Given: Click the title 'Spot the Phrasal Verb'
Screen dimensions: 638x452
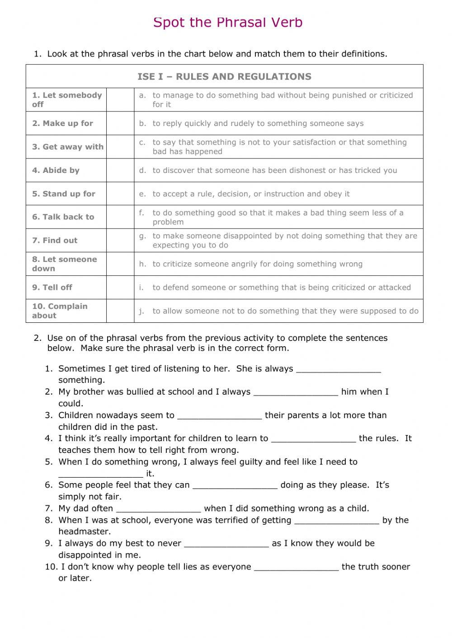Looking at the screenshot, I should tap(228, 22).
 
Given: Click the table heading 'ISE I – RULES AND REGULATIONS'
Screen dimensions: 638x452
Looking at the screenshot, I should tap(224, 76).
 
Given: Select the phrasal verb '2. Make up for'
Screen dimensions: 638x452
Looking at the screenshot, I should tap(62, 123).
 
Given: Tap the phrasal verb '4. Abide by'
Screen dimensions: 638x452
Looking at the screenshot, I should tap(56, 170).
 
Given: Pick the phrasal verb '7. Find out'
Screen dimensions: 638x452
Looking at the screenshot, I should tap(55, 240).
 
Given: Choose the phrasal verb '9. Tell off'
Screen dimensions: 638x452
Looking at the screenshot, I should tap(52, 287).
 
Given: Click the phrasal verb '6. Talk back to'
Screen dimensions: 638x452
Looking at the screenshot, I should tap(63, 217).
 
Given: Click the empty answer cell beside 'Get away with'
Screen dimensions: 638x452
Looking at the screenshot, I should tap(120, 147).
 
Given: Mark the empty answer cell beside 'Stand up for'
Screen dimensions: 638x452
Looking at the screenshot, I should tap(120, 194).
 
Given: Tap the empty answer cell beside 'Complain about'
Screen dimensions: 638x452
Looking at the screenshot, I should tap(120, 311).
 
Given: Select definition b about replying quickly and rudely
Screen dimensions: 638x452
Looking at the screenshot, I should tap(258, 123).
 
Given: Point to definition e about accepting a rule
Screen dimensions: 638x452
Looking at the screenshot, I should tap(251, 194).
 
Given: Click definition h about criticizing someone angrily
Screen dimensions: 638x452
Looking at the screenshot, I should tap(257, 264).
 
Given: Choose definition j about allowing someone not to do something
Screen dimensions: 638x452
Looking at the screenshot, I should tap(285, 311).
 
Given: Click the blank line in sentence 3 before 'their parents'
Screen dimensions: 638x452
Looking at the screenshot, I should tap(220, 416).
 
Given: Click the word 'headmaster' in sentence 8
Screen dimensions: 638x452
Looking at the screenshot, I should tap(84, 531).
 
